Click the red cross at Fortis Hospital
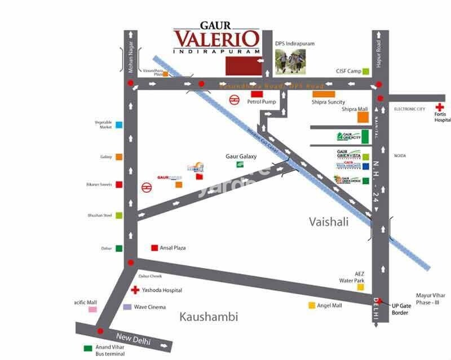439,106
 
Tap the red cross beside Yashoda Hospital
135,290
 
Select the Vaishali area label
329,222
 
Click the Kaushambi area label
209,317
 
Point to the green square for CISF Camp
366,72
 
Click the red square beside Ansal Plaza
154,247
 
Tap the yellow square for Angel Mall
311,305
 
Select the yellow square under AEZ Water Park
360,287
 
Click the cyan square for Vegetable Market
119,125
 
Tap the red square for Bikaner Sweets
119,184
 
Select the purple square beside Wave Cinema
127,307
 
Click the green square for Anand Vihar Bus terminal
87,348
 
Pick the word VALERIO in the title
216,39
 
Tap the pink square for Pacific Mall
92,309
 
